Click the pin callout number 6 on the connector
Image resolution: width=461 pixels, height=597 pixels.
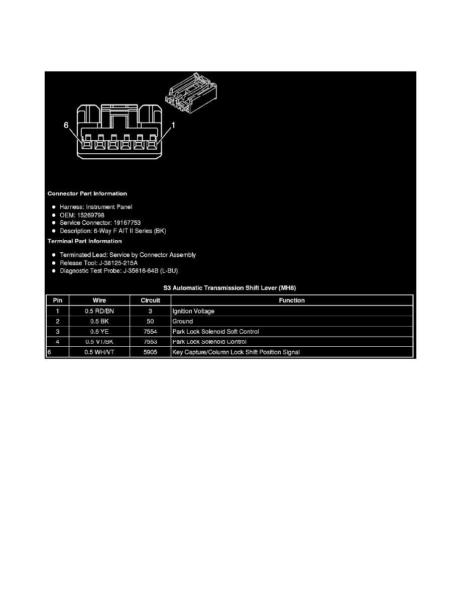[x=66, y=126]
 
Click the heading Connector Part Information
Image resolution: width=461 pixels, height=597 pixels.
[x=87, y=193]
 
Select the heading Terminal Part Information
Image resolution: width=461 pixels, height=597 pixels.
[x=84, y=241]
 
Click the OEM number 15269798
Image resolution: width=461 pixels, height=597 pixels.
[x=90, y=215]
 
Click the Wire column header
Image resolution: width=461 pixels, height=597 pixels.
[x=99, y=301]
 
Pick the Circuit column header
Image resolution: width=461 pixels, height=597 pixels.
[x=150, y=301]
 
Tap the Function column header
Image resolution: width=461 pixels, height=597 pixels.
[x=292, y=301]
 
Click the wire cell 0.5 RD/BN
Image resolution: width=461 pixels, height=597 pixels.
[x=99, y=311]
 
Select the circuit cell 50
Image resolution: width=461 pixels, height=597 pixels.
[x=150, y=321]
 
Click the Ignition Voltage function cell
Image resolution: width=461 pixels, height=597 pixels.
[x=193, y=311]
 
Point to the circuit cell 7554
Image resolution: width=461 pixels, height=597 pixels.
[x=150, y=332]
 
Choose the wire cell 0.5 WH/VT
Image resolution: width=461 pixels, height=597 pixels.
[x=99, y=352]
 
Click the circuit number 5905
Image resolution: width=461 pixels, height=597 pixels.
[x=150, y=352]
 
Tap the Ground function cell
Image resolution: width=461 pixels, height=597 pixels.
[x=183, y=321]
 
